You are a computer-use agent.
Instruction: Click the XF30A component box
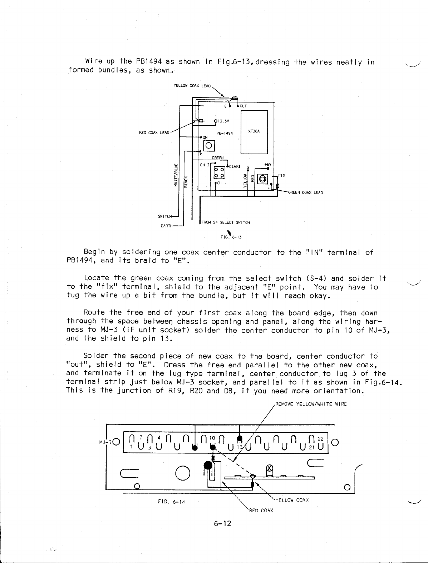254,131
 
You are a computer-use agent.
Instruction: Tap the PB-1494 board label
225,133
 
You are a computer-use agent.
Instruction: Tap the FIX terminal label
282,175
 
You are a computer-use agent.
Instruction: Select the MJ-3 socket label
105,443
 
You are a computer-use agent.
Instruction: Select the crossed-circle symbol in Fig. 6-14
270,468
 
